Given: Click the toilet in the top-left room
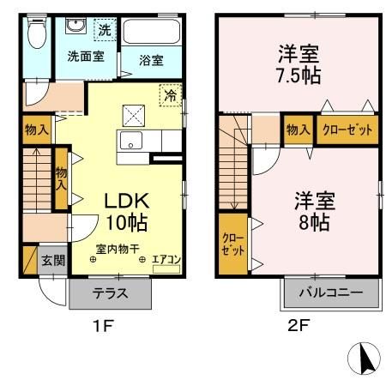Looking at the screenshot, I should point(35,36).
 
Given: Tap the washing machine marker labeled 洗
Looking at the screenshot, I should point(103,28).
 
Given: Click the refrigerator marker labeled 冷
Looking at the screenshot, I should point(170,95).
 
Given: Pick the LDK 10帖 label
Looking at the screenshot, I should point(127,211).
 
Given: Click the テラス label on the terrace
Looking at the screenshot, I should point(111,293).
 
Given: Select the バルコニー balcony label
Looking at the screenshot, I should point(330,293).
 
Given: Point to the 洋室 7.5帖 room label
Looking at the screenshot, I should point(299,63).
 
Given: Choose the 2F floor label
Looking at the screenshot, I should point(298,325).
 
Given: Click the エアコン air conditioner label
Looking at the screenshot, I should point(165,258).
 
